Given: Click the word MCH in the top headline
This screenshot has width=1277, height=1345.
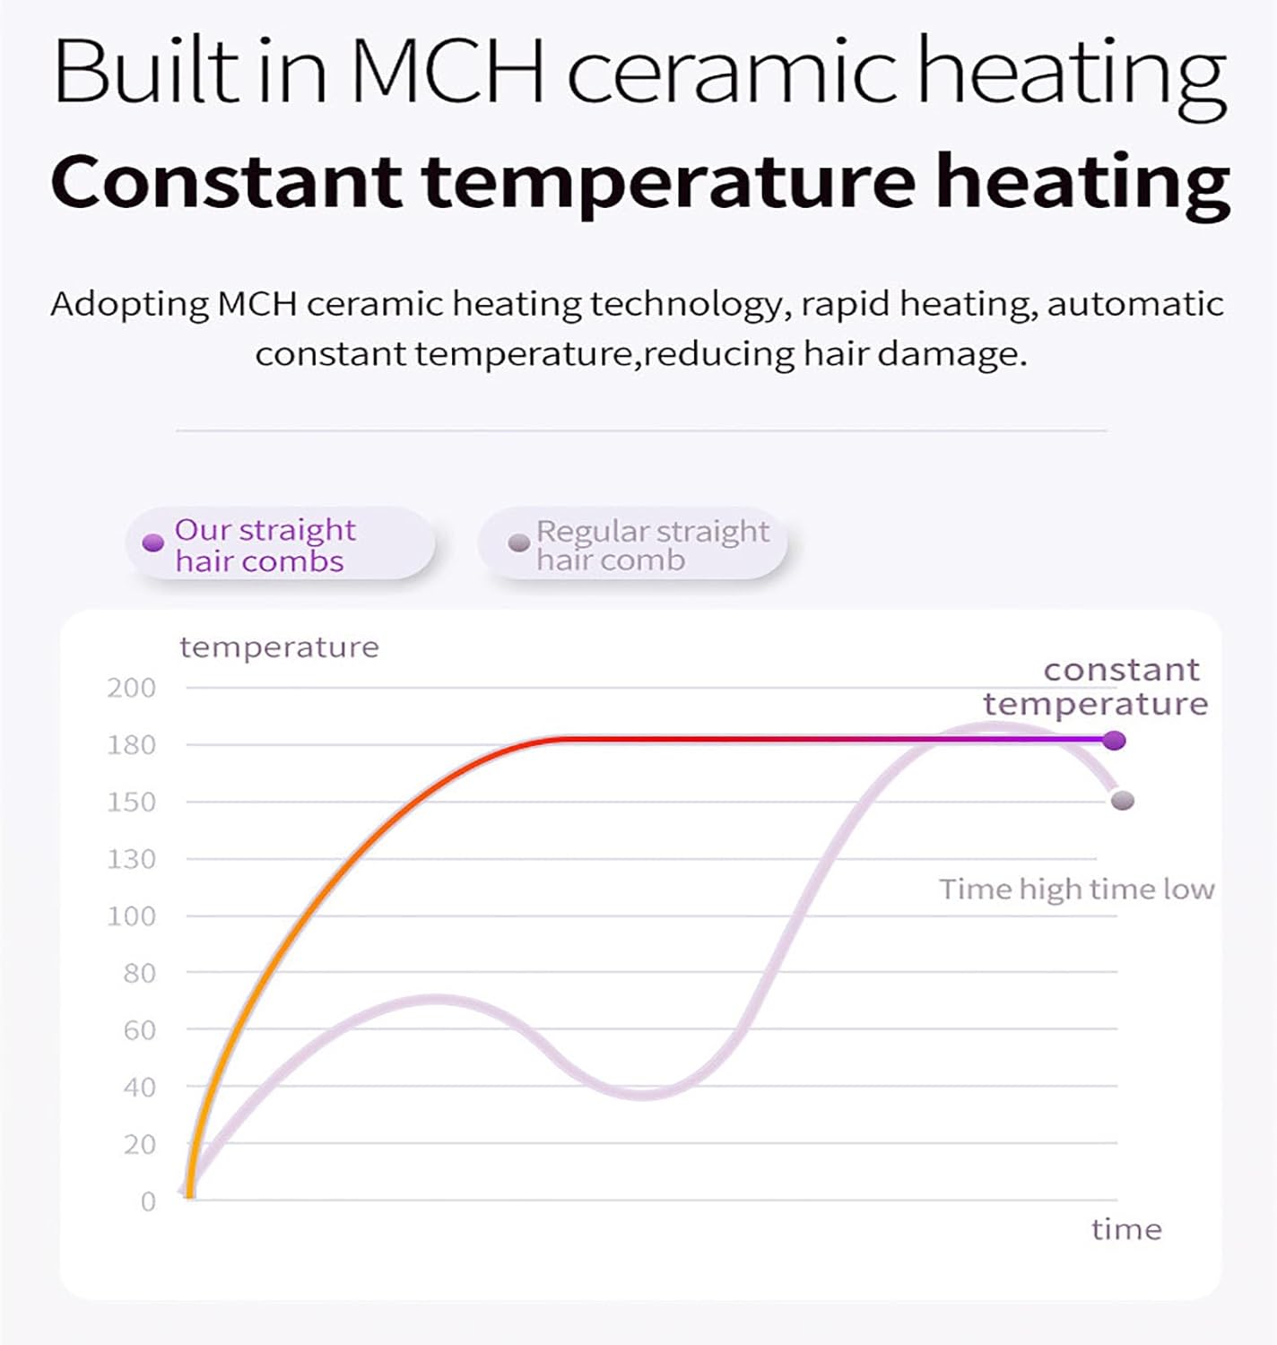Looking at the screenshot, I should coord(447,72).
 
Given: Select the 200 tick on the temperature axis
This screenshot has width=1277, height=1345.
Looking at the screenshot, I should coord(131,689).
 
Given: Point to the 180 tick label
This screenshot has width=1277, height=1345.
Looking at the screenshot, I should coord(131,745).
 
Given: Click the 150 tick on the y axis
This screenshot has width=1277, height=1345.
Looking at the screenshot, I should coord(131,803).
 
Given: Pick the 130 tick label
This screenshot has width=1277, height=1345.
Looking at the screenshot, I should coord(131,860).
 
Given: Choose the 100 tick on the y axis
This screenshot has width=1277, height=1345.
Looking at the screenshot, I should coord(131,916).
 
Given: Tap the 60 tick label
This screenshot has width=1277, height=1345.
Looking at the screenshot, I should coord(139,1030).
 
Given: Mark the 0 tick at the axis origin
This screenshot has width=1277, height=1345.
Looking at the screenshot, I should coord(148,1202).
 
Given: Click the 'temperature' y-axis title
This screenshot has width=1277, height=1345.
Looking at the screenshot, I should coord(279,647).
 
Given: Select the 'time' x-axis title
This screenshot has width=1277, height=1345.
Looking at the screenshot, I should coord(1126,1229).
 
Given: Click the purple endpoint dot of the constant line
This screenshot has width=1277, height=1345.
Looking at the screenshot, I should coord(1115,741).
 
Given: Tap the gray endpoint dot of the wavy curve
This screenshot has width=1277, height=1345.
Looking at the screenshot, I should coord(1122,801).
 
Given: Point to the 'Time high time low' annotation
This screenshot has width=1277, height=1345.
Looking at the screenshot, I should coord(1076,889).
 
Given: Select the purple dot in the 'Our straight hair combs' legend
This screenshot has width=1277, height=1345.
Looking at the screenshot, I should coord(153,543).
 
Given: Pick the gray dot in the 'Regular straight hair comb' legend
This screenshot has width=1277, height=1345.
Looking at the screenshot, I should coord(518,543).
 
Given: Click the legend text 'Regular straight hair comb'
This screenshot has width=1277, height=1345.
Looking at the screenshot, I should coord(652,545).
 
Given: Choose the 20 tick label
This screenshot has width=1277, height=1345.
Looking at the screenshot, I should coord(139,1145).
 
